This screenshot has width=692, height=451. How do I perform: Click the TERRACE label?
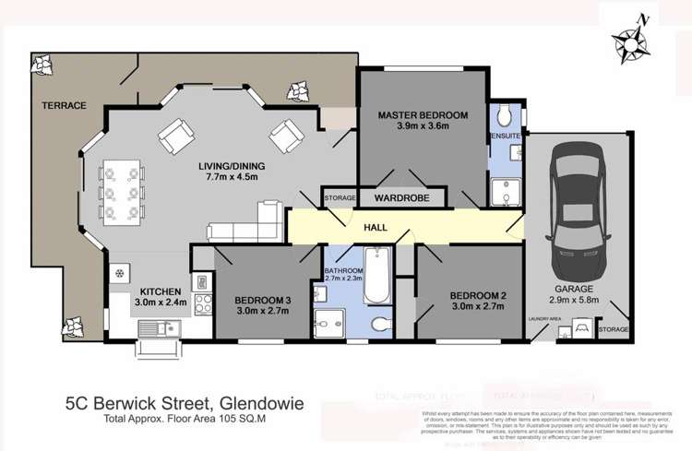tap(64, 106)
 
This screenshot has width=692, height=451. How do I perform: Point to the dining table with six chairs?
tap(121, 192)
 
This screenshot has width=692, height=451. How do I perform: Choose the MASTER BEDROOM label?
tap(423, 115)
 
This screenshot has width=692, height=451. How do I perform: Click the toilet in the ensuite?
tap(504, 117)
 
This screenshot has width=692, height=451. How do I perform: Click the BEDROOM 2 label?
tap(477, 296)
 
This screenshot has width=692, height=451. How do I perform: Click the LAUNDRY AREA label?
tap(545, 319)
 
